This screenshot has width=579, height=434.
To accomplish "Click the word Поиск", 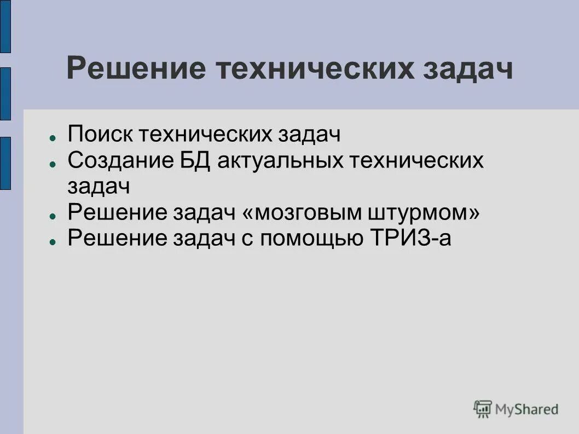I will coord(99,134).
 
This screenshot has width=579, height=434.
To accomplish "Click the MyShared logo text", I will coord(526,408).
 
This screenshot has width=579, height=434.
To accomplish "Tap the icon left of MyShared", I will coord(483,408).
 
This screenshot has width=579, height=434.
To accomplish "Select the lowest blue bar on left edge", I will coord(5,163).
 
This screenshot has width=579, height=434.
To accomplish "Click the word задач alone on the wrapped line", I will coord(99,186).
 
